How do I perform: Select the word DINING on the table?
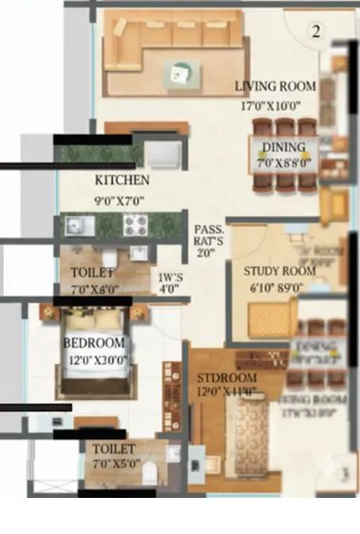pyautogui.click(x=284, y=147)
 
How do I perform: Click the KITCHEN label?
pyautogui.click(x=122, y=180)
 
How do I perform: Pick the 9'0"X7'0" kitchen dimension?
pyautogui.click(x=122, y=200)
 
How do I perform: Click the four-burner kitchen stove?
pyautogui.click(x=134, y=226)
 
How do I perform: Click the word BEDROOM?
pyautogui.click(x=94, y=342)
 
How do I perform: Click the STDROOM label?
pyautogui.click(x=227, y=373)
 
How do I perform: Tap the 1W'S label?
pyautogui.click(x=170, y=280)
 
